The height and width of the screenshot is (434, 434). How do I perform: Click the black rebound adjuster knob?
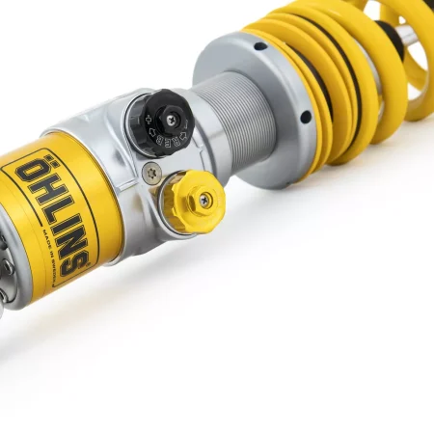[x=161, y=122]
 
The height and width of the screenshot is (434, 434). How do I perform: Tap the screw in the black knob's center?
[x=172, y=120]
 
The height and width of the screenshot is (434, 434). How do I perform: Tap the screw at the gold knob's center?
[x=204, y=200]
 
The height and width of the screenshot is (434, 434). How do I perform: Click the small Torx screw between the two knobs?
[x=152, y=173]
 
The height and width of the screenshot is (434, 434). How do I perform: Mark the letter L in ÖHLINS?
[x=49, y=211]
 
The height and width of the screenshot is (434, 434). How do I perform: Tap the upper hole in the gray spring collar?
[x=260, y=45]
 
